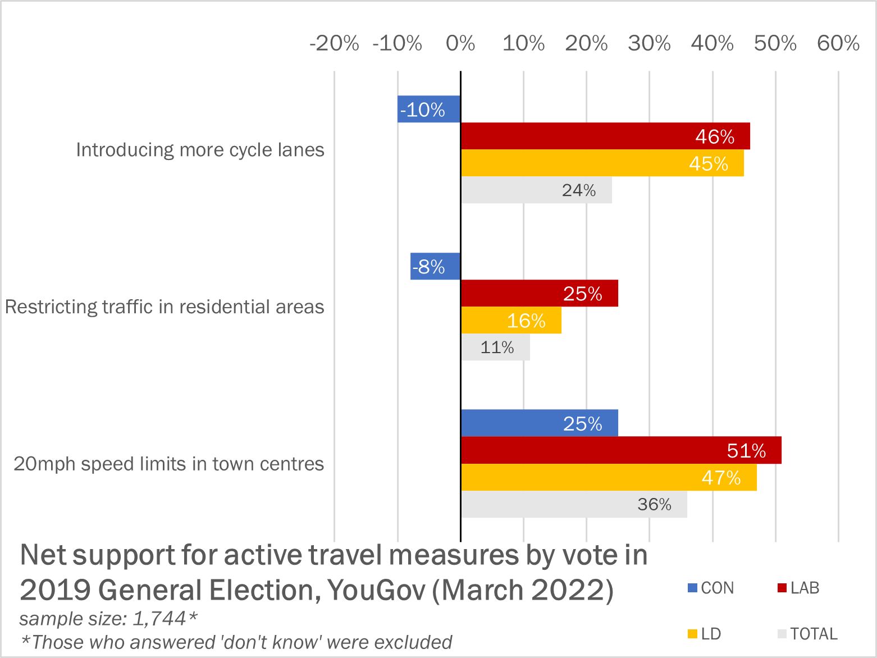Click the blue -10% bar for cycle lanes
(x=429, y=109)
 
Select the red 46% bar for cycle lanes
(x=605, y=136)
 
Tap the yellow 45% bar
(x=602, y=163)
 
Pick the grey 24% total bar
(x=536, y=190)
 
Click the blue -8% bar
(x=436, y=266)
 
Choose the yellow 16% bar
(x=511, y=320)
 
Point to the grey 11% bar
(x=495, y=347)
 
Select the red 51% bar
(x=621, y=450)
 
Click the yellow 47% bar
(x=609, y=477)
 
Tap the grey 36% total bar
(x=574, y=504)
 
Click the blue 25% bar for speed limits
(x=540, y=423)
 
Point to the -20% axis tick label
(x=335, y=43)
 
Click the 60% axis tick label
(x=838, y=43)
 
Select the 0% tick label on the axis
(x=460, y=43)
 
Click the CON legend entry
(x=711, y=588)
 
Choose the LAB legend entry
(x=798, y=588)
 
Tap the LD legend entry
(x=705, y=634)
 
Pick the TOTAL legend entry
(x=807, y=634)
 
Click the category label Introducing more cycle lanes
(x=200, y=150)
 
